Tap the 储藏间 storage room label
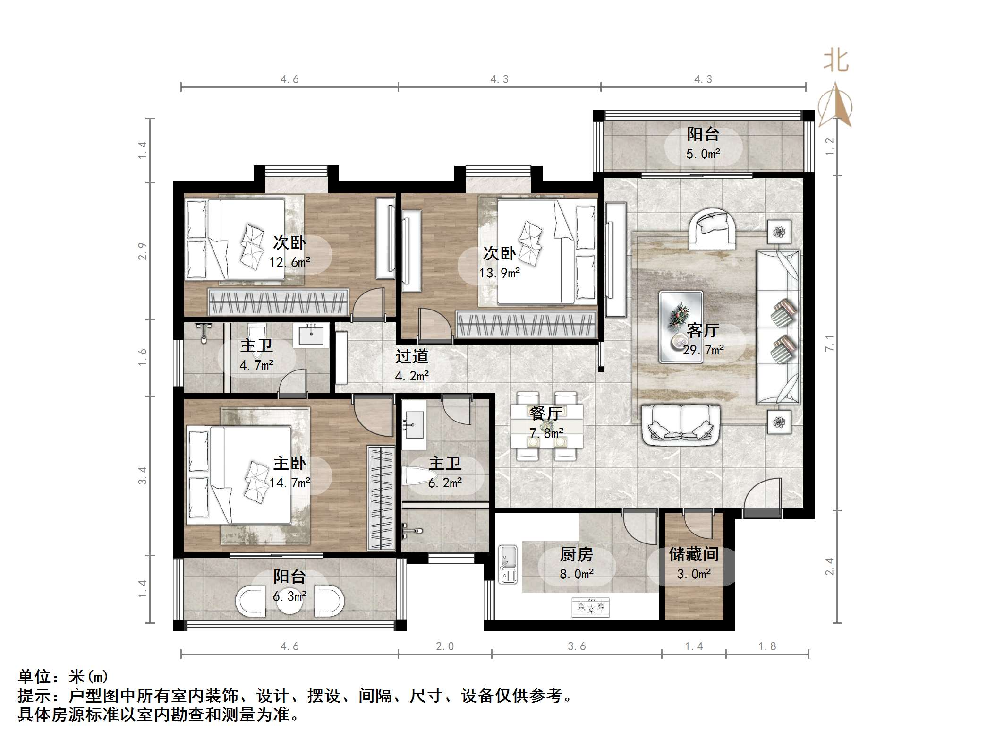(x=694, y=554)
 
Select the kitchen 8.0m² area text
(x=577, y=574)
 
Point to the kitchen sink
(x=508, y=564)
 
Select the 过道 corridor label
(x=412, y=356)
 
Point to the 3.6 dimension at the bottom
(x=577, y=646)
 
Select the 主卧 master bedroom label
(x=289, y=463)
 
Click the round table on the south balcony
(x=289, y=601)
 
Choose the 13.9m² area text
(x=500, y=273)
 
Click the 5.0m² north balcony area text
(x=703, y=154)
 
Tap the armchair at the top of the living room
(x=712, y=229)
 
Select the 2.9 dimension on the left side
(x=142, y=250)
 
